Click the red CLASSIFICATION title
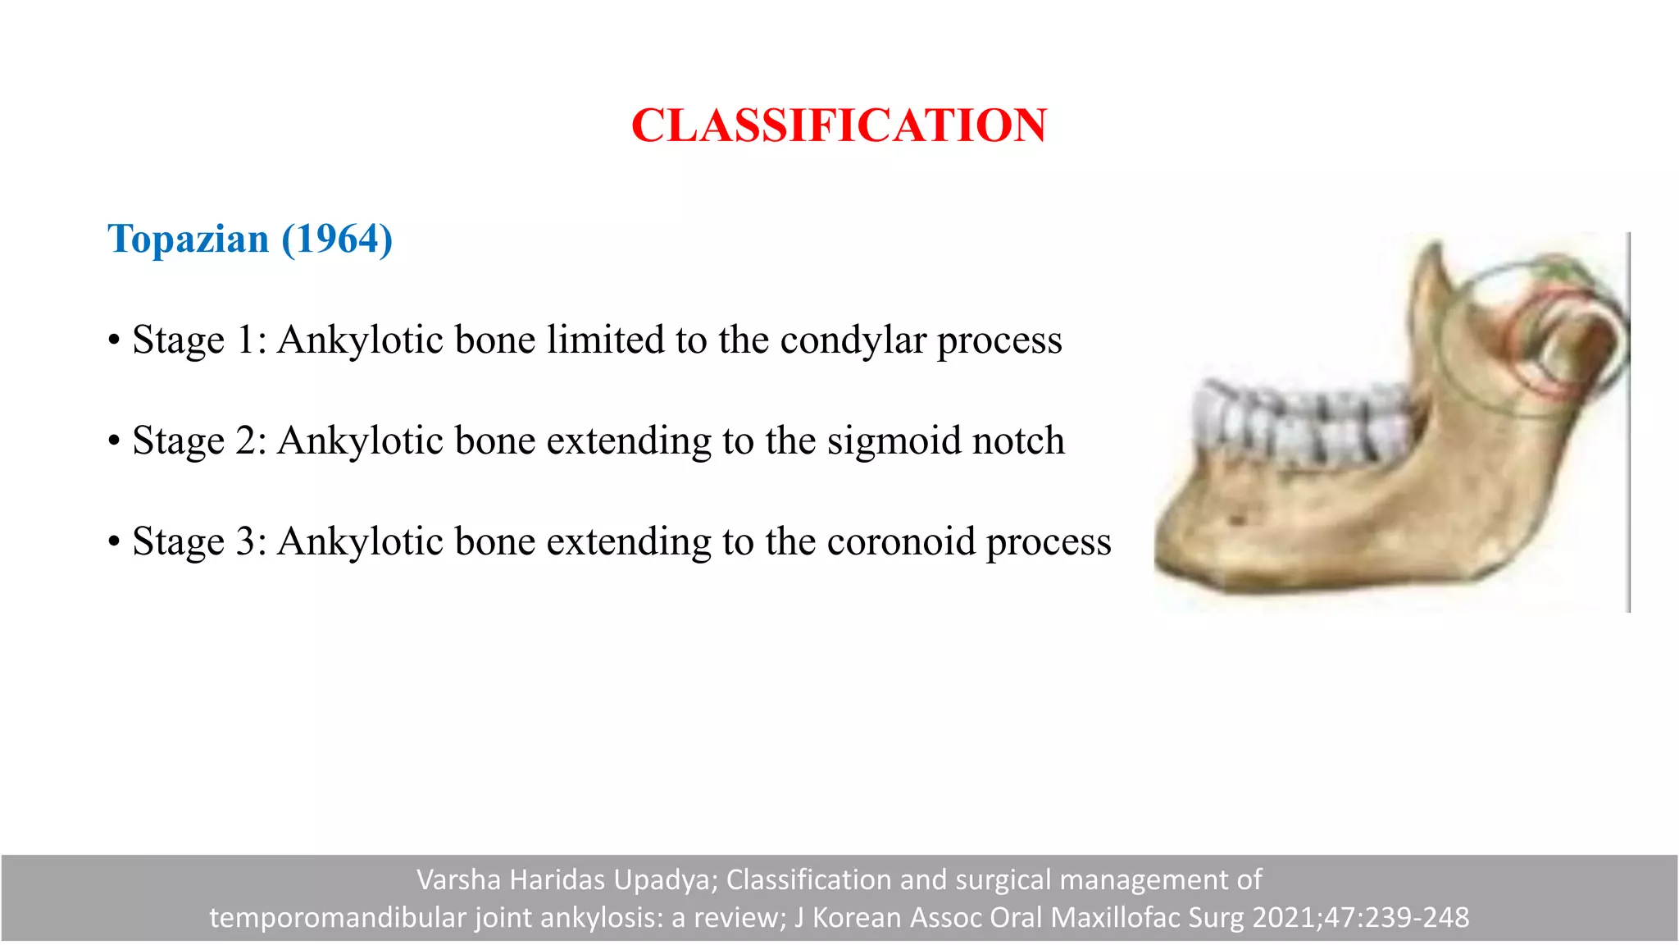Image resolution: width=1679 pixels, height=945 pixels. coord(839,126)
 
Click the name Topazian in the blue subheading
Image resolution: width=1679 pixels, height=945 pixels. coord(189,240)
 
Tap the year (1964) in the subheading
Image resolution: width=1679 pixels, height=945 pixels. coord(337,240)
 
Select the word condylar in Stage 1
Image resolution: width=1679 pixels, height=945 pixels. coord(852,340)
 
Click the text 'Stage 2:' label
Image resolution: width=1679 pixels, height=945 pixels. coord(199,441)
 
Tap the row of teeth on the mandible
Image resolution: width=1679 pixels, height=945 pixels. coord(1304,422)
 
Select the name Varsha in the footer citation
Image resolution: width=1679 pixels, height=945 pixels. coord(458,880)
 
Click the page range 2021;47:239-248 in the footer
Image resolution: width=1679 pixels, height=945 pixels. coord(1362,918)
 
